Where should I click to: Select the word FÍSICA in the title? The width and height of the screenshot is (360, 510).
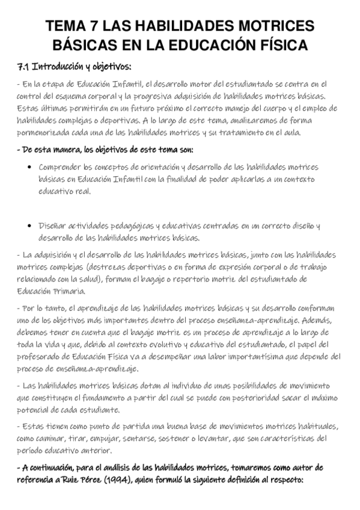(282, 45)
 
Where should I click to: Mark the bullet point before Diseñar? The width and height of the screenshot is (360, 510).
(30, 226)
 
